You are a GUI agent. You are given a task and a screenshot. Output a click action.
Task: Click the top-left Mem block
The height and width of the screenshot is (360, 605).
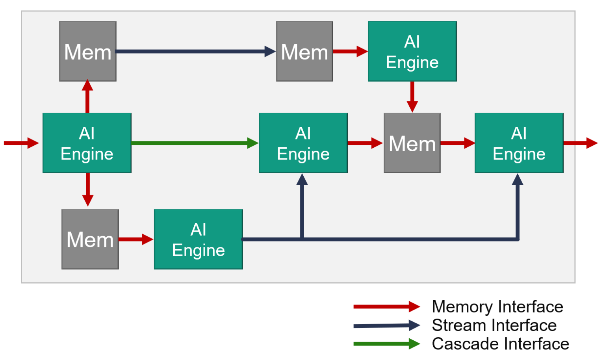87,52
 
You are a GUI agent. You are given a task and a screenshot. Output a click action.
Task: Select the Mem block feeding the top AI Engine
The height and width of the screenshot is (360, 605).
304,52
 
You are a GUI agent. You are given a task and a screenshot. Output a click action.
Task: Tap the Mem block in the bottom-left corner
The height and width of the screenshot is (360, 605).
90,239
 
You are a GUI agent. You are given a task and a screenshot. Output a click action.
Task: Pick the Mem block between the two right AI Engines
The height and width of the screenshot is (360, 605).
412,143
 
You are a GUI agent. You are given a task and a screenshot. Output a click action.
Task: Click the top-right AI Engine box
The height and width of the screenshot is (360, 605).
412,52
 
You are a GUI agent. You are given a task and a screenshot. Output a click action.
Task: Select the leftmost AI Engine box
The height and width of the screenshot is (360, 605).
87,143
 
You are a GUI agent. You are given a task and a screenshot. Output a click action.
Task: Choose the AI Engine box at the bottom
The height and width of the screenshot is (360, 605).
198,239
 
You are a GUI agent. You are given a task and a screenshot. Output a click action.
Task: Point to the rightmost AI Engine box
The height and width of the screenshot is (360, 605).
519,143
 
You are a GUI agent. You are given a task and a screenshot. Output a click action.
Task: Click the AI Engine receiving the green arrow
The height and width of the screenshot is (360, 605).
303,143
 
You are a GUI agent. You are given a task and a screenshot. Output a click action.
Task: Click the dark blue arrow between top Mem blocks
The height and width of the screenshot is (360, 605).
195,52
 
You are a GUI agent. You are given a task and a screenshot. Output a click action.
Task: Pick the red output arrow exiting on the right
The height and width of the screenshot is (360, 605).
580,143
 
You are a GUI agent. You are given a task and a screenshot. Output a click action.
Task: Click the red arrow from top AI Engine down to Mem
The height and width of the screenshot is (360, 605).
412,97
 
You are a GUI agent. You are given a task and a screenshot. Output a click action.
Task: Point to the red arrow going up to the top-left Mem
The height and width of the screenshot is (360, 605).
87,97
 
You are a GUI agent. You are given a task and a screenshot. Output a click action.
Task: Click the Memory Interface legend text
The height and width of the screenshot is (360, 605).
497,307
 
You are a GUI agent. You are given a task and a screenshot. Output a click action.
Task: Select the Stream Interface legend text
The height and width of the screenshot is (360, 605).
494,325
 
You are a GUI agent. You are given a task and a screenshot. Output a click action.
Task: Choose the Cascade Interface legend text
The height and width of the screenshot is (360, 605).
500,344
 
